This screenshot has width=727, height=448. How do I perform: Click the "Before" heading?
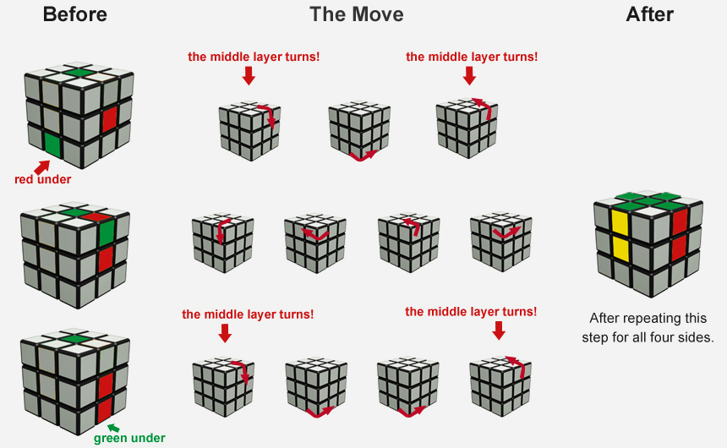coord(74,14)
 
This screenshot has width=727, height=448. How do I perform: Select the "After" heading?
coord(649,14)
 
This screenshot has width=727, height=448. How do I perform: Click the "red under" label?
coord(42,179)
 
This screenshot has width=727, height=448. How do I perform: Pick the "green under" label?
coord(129,438)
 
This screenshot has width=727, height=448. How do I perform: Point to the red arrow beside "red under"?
coord(41,167)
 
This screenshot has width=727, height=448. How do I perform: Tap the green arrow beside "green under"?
coord(113,428)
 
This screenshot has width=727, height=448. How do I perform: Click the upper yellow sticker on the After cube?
coord(620,221)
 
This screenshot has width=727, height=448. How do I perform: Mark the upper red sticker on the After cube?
coord(680,221)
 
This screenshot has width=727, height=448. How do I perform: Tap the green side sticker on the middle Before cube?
coord(107,233)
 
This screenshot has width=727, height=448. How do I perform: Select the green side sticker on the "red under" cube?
coord(52,145)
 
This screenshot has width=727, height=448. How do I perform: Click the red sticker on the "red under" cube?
coord(110,119)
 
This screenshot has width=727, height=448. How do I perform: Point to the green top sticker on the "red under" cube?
coord(78,73)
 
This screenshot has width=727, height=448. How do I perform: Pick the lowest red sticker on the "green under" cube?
coord(104,411)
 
